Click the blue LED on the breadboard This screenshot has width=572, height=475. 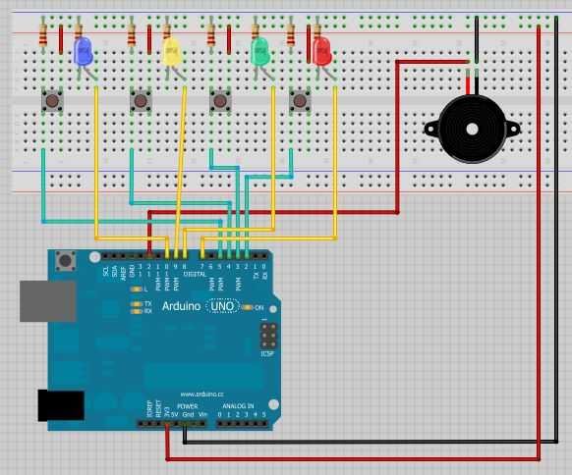click(x=84, y=50)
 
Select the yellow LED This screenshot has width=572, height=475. click(x=172, y=52)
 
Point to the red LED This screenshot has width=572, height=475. click(x=321, y=50)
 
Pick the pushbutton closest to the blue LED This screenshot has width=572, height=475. click(x=52, y=100)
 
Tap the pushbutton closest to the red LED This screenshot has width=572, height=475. click(x=300, y=100)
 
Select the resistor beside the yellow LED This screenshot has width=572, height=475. click(x=132, y=36)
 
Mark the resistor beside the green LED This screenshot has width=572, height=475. click(x=211, y=36)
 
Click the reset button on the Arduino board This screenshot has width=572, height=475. click(x=67, y=261)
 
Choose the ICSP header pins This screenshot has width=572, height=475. click(x=268, y=337)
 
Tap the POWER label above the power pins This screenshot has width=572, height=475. click(x=187, y=405)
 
